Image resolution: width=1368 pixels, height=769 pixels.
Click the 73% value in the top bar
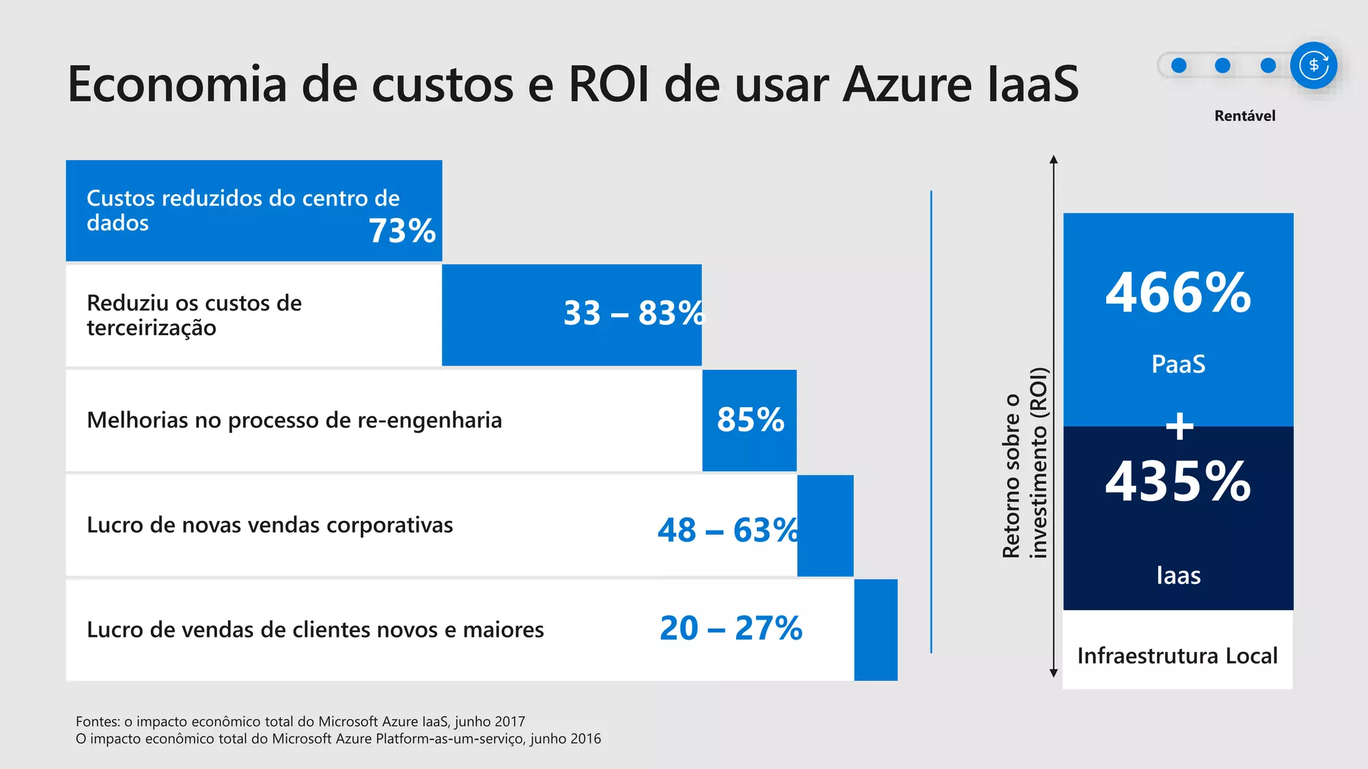(402, 231)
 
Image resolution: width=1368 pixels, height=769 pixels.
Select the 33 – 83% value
(633, 313)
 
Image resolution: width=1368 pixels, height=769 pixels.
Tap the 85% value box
(750, 420)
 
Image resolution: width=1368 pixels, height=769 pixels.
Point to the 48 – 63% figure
(727, 531)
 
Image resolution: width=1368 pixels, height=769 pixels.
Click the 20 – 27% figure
(731, 628)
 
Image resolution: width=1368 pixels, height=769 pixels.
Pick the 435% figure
(1178, 481)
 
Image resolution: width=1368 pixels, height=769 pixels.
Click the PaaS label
(1178, 364)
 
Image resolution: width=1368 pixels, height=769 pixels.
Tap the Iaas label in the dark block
(1178, 575)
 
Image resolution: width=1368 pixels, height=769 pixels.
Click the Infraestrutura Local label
(1177, 656)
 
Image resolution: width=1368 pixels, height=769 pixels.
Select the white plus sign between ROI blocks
(1180, 426)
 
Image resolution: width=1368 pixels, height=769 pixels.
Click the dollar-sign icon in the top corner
(1313, 65)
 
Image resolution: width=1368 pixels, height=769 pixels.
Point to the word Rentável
(1244, 116)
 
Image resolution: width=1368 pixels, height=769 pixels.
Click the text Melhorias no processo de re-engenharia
(294, 421)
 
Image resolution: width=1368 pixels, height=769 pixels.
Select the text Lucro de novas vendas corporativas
(270, 525)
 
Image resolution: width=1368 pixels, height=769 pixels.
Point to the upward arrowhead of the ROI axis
(1053, 160)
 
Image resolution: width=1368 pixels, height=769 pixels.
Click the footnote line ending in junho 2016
(338, 739)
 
